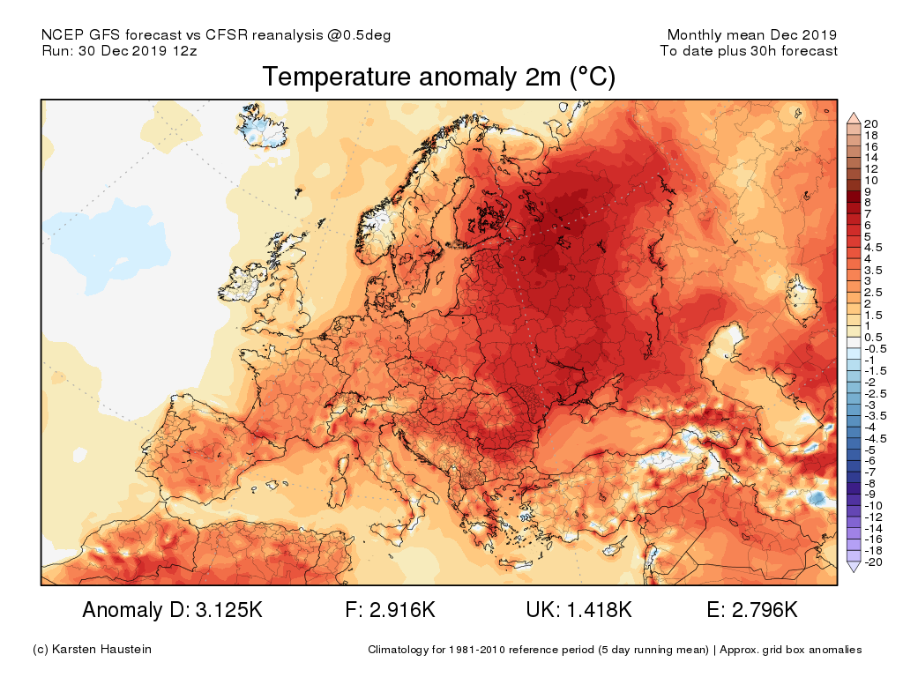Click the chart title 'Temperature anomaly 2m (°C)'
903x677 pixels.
[438, 78]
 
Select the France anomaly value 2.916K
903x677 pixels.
[401, 610]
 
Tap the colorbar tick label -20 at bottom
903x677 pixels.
[873, 562]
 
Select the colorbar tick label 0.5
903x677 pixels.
[874, 338]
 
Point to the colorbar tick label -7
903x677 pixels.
[870, 472]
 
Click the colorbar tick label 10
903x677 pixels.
[871, 180]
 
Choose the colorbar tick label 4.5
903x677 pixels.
[874, 248]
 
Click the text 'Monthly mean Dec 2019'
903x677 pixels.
[751, 35]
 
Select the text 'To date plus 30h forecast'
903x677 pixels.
[749, 51]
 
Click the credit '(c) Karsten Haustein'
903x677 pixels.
[92, 650]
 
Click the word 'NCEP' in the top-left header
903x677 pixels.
[61, 35]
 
